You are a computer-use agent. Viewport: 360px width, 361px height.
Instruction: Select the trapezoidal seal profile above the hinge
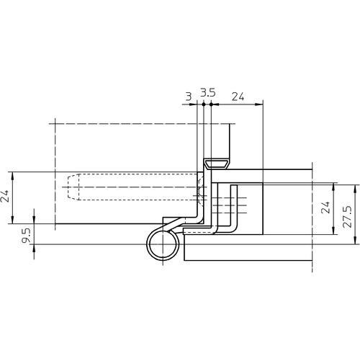click(216, 164)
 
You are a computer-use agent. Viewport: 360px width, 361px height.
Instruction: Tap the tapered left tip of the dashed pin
click(64, 189)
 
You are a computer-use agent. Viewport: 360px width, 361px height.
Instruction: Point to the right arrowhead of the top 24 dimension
click(262, 104)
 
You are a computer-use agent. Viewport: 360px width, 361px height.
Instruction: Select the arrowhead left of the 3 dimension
click(195, 104)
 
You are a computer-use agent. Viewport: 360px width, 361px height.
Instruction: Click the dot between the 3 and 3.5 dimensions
click(203, 104)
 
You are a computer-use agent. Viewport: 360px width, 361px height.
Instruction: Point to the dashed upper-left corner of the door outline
click(53, 123)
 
